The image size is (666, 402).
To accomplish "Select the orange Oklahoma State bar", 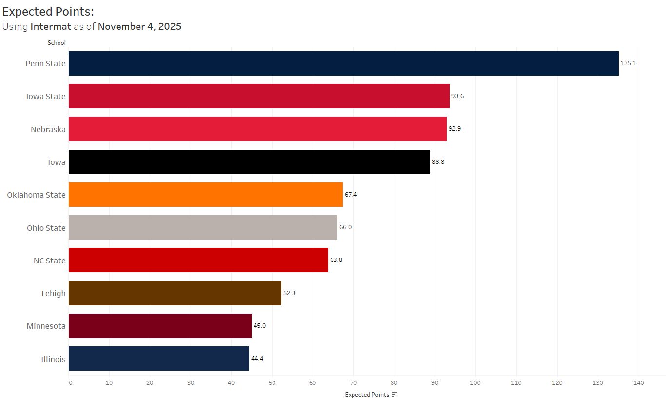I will pyautogui.click(x=205, y=195).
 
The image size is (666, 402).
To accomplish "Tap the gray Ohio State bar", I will pyautogui.click(x=203, y=227).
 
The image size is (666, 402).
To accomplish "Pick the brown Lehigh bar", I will pyautogui.click(x=175, y=293).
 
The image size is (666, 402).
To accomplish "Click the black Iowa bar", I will pyautogui.click(x=249, y=162).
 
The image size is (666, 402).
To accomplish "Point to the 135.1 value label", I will pyautogui.click(x=628, y=63).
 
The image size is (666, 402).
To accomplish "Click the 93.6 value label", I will pyautogui.click(x=457, y=96).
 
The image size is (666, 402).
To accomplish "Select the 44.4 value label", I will pyautogui.click(x=257, y=359).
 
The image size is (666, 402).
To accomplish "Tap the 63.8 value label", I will pyautogui.click(x=336, y=260).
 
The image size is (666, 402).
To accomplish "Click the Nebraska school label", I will pyautogui.click(x=48, y=129).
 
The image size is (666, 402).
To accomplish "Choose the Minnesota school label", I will pyautogui.click(x=46, y=326).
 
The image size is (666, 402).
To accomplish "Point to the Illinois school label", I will pyautogui.click(x=53, y=359).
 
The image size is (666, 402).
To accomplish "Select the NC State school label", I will pyautogui.click(x=49, y=261).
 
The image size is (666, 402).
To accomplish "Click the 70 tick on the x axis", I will pyautogui.click(x=353, y=383).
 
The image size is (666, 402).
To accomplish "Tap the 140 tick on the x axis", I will pyautogui.click(x=638, y=383).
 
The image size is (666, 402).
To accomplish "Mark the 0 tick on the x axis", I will pyautogui.click(x=71, y=383).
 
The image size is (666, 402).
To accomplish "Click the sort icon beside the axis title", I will pyautogui.click(x=395, y=394).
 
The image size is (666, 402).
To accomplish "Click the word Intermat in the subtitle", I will pyautogui.click(x=51, y=26).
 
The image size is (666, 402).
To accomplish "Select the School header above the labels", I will pyautogui.click(x=57, y=43).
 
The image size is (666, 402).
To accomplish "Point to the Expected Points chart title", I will pyautogui.click(x=48, y=12).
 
